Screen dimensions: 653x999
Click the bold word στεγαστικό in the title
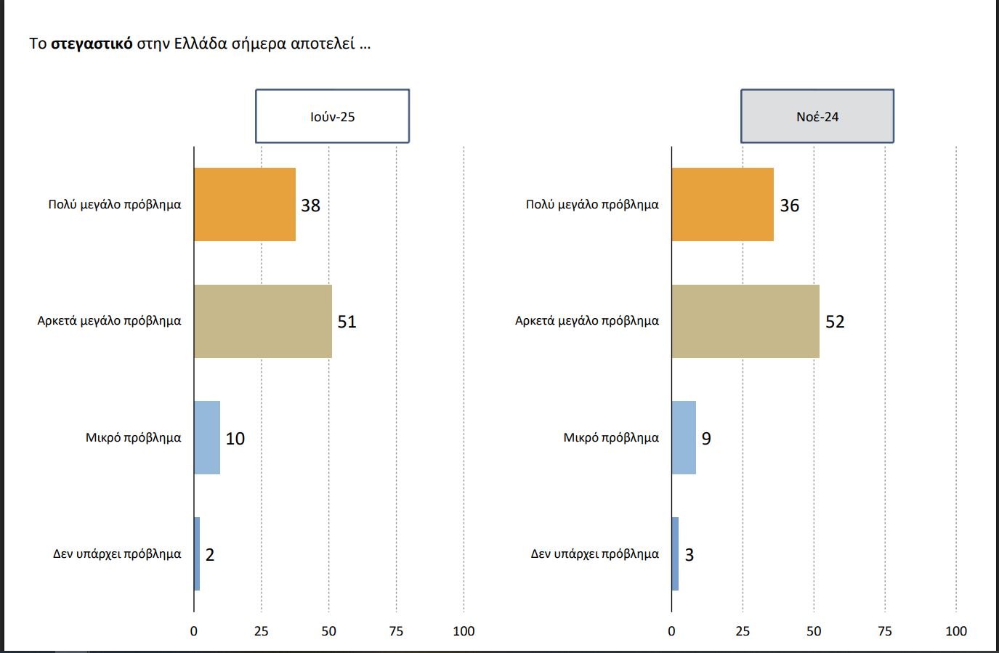92,44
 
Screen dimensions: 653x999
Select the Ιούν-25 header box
332,116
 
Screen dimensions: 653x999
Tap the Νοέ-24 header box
817,116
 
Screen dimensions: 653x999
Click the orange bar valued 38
244,204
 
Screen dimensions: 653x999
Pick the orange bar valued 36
722,204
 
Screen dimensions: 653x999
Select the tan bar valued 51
262,321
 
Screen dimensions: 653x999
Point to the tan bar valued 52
745,321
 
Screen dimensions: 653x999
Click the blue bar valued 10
207,437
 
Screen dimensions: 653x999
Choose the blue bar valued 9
684,437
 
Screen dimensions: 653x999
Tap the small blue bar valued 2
197,553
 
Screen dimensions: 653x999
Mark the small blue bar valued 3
675,553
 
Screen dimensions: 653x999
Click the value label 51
347,322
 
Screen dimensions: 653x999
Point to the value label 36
789,206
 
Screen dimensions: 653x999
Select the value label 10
235,439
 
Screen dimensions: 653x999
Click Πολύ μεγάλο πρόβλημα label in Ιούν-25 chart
115,205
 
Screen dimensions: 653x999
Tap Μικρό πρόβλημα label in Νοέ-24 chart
611,438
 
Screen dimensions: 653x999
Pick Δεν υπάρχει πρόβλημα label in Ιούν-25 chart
117,554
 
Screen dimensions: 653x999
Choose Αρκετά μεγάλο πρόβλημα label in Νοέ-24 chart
587,321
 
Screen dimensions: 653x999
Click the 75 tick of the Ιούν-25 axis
396,631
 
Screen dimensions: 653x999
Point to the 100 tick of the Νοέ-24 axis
955,631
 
